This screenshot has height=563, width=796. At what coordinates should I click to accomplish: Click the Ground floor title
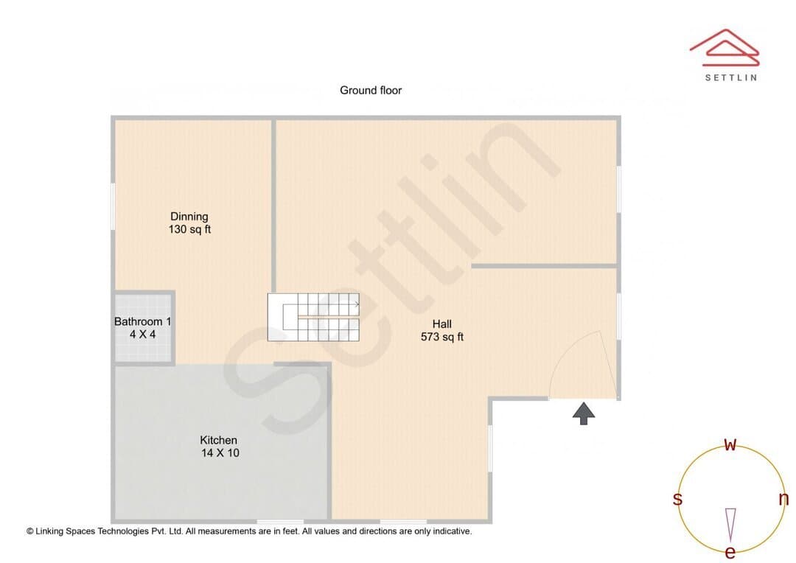[x=371, y=91]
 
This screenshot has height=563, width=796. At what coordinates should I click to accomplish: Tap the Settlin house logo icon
[x=725, y=48]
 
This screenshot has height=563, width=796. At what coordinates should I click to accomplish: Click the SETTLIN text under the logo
[x=731, y=77]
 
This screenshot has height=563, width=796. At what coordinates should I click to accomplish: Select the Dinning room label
[x=189, y=217]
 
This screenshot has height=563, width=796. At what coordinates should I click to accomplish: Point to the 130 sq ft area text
[x=189, y=229]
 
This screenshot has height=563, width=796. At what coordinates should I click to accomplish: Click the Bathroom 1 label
[x=143, y=322]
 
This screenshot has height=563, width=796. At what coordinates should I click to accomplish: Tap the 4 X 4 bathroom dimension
[x=143, y=335]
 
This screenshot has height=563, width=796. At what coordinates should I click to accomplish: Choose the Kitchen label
[x=218, y=440]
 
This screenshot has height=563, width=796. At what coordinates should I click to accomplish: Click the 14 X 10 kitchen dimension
[x=220, y=453]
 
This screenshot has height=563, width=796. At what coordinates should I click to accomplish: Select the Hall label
[x=441, y=324]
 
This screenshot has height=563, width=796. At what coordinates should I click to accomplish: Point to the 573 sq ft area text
[x=442, y=337]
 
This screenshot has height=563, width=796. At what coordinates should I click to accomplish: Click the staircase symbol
[x=314, y=318]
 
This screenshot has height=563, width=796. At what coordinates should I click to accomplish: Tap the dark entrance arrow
[x=584, y=413]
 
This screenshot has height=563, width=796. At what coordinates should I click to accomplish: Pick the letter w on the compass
[x=730, y=444]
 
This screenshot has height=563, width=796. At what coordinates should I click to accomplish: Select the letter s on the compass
[x=677, y=499]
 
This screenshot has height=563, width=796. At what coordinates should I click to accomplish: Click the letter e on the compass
[x=730, y=552]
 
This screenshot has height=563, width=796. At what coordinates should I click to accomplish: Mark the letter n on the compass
[x=783, y=499]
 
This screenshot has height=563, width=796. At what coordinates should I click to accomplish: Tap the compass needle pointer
[x=730, y=525]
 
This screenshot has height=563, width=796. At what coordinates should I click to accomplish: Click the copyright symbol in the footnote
[x=30, y=531]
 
